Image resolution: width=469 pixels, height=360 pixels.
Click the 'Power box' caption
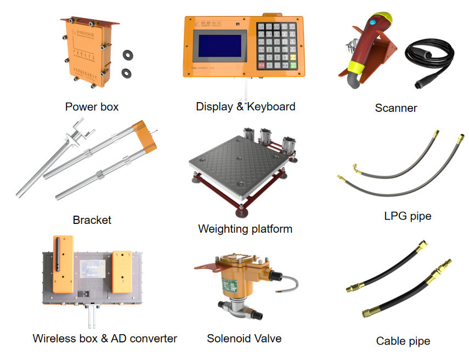[x=92, y=106]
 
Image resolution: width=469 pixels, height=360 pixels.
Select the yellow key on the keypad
[x=293, y=56]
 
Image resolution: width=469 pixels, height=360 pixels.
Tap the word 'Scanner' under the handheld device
[x=395, y=108]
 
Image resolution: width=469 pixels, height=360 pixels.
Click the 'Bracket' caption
[x=92, y=220]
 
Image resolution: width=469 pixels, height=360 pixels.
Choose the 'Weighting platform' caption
[x=245, y=228]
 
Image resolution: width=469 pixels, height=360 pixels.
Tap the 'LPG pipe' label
[x=408, y=216]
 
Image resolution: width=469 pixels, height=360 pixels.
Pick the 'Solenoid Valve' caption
[x=244, y=339]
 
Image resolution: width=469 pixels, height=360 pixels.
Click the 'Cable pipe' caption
[x=403, y=341]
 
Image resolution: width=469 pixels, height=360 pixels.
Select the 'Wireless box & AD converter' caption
[x=105, y=339]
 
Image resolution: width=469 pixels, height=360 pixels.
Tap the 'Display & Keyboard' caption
[x=245, y=106]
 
